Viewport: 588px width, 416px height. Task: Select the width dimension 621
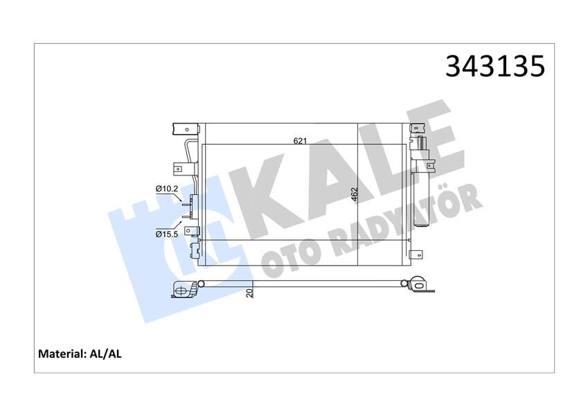[299, 141]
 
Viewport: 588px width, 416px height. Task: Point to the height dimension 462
[355, 195]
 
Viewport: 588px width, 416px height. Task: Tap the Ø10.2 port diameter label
[167, 189]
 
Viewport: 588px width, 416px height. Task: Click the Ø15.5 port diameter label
[167, 234]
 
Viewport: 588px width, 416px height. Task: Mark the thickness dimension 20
[249, 293]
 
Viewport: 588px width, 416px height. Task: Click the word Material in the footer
[62, 354]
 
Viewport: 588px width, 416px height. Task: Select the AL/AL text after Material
[106, 354]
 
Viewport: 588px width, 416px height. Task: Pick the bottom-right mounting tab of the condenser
[416, 254]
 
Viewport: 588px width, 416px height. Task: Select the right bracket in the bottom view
[418, 286]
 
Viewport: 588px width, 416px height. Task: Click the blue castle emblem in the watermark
[173, 236]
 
